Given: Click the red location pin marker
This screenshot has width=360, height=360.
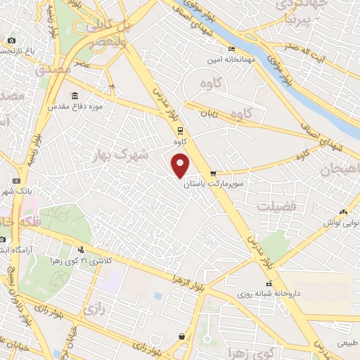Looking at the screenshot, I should tap(181, 166).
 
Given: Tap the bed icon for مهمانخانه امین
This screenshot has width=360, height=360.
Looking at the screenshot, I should tap(231, 49).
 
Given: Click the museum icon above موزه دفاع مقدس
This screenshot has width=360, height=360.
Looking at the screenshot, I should tap(75, 96).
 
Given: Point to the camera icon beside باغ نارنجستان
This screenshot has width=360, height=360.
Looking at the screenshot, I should tap(11, 41).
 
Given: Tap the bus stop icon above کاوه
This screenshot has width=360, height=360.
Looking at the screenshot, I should tap(180, 129).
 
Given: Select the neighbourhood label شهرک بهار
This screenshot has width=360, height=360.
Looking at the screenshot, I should tap(121, 154).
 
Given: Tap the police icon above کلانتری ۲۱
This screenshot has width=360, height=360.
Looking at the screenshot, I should tap(82, 250).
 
